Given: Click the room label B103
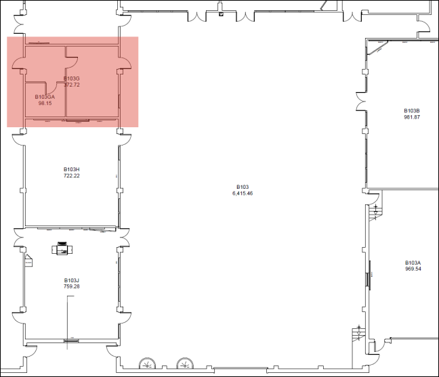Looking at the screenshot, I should tap(243, 187).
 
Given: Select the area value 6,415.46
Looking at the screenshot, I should tap(243, 194).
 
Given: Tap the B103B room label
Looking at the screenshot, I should tap(412, 110).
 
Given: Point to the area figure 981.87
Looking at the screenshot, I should tap(412, 117).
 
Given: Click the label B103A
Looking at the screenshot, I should tap(413, 263).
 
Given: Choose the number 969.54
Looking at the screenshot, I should tap(413, 269).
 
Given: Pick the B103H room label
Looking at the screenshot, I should tap(72, 169).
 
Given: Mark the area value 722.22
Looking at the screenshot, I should tap(72, 176).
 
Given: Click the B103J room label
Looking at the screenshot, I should tap(72, 280).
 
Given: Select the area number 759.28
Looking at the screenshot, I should tap(72, 286).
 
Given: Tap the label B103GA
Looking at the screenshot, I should tap(45, 97).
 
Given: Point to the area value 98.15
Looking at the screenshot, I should tap(45, 104).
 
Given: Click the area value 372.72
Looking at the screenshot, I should tap(72, 85).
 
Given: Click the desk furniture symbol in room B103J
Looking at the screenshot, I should tap(62, 248).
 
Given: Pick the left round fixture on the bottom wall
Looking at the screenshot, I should tap(147, 365).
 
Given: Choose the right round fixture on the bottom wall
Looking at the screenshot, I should tap(184, 365).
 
